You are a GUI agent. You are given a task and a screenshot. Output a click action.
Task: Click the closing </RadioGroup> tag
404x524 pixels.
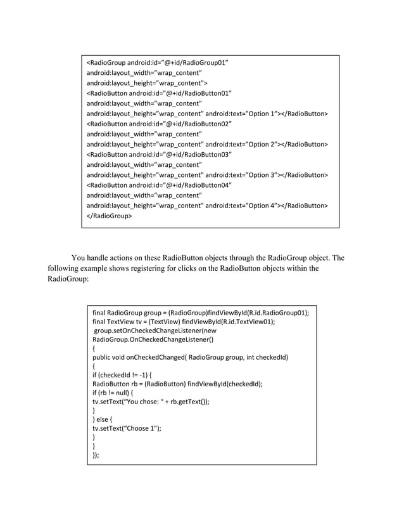[109, 216]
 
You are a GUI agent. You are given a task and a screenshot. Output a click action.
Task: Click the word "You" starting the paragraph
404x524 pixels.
[79, 258]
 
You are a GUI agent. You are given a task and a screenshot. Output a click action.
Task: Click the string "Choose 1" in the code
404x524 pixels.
[140, 428]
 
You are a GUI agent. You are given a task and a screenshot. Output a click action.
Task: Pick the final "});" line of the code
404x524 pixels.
[96, 455]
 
